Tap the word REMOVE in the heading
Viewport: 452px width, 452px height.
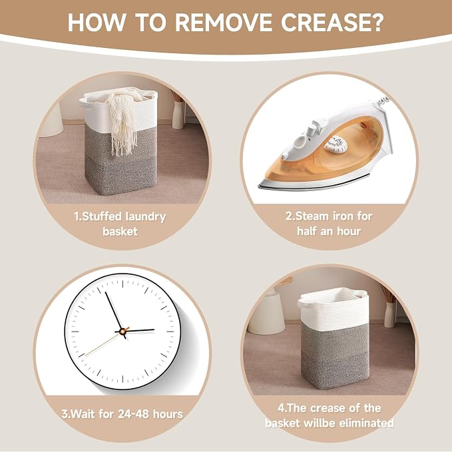(x=224, y=22)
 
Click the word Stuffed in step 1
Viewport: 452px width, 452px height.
(x=98, y=217)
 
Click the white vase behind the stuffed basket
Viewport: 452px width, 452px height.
(x=178, y=114)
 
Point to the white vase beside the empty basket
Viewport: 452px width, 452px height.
(x=389, y=314)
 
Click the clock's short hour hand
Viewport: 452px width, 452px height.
(x=139, y=330)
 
